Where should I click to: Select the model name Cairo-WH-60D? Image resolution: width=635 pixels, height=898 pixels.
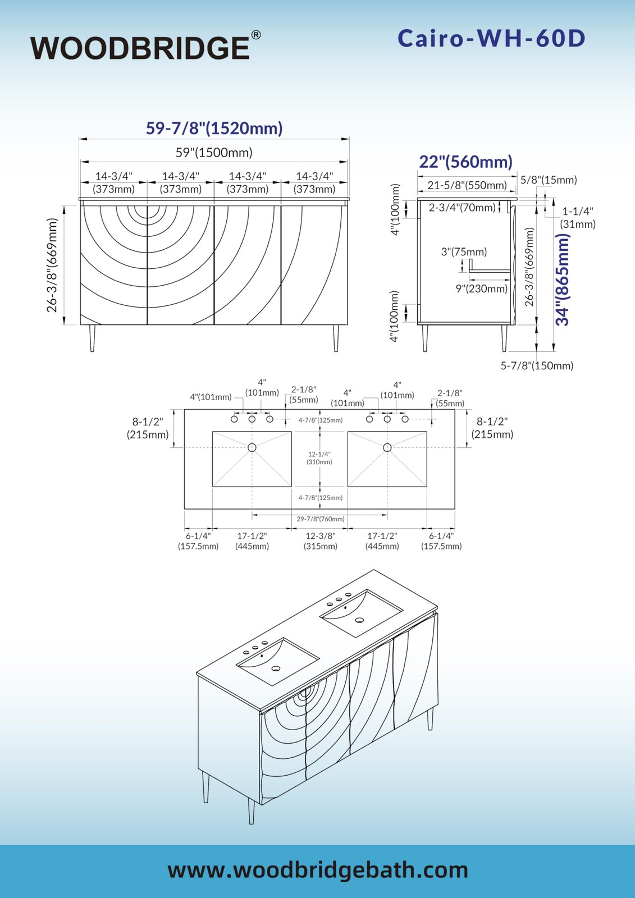click(492, 39)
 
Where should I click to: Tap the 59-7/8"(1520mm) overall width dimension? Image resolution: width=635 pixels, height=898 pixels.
click(214, 129)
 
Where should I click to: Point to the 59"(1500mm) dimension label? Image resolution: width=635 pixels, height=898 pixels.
click(214, 153)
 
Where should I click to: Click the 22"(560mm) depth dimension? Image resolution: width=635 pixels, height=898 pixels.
click(465, 162)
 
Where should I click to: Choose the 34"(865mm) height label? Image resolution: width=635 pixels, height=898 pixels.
click(563, 280)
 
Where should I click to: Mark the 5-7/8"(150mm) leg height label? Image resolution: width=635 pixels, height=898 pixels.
click(537, 365)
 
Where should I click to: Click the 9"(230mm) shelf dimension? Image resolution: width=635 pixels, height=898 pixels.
click(482, 288)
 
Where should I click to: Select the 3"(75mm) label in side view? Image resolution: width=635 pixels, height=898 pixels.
click(464, 252)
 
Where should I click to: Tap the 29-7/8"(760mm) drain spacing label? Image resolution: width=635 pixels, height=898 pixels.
click(321, 519)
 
